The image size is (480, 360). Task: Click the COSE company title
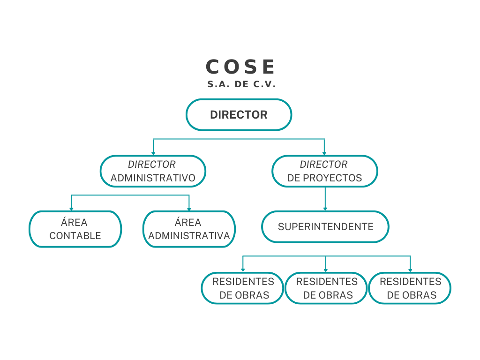(240, 67)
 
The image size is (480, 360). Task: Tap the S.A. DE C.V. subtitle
(241, 85)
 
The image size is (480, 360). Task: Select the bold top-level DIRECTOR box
(239, 115)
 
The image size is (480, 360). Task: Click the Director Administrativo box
(153, 172)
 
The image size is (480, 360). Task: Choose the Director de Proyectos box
(324, 172)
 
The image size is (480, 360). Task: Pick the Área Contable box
(75, 229)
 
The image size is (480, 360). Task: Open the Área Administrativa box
(189, 229)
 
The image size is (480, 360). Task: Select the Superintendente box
(325, 227)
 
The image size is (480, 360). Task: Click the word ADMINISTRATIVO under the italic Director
(153, 178)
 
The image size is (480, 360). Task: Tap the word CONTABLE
(75, 235)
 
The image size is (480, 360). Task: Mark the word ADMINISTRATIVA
(189, 235)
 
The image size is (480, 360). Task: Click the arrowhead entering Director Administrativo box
(153, 153)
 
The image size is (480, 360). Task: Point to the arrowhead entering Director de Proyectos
(324, 153)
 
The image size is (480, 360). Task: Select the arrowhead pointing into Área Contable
(71, 209)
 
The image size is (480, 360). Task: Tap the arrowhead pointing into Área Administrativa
(189, 209)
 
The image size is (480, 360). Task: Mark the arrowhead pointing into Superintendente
(325, 209)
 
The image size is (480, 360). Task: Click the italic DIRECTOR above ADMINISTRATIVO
(152, 165)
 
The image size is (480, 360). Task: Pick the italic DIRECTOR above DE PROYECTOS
(324, 165)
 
